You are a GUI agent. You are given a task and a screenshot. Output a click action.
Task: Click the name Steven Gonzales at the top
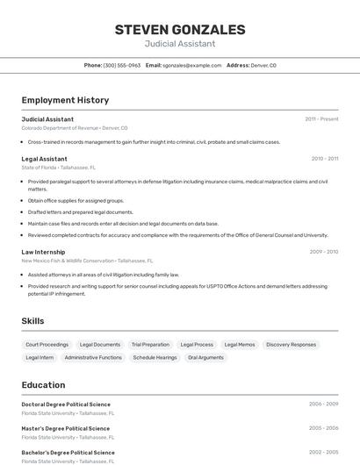click(179, 29)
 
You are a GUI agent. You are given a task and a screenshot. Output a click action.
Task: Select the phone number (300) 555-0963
click(121, 65)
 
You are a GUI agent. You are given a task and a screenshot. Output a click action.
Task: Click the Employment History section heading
click(65, 100)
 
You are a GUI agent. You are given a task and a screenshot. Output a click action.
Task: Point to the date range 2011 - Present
click(321, 119)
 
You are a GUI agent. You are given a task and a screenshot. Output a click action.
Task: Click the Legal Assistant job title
click(44, 159)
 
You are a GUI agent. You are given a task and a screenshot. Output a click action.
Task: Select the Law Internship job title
click(43, 252)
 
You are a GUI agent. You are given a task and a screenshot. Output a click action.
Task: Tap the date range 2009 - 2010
click(323, 252)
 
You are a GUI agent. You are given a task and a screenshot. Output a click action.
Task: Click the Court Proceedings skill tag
click(47, 345)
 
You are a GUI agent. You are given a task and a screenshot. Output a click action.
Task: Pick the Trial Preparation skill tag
click(150, 345)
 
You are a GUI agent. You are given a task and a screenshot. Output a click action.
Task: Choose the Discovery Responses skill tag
click(291, 345)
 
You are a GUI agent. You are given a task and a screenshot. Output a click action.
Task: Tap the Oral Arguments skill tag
click(205, 357)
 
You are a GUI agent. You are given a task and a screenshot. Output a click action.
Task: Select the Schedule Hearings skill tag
click(155, 357)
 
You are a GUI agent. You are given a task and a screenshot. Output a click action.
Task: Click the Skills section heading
click(32, 321)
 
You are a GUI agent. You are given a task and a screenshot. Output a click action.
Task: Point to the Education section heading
click(43, 384)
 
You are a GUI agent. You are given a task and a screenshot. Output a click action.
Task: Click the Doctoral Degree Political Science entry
click(66, 404)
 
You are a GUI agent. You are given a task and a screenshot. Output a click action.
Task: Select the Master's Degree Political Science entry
click(65, 428)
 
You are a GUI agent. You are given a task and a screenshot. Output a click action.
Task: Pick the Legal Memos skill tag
click(240, 345)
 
